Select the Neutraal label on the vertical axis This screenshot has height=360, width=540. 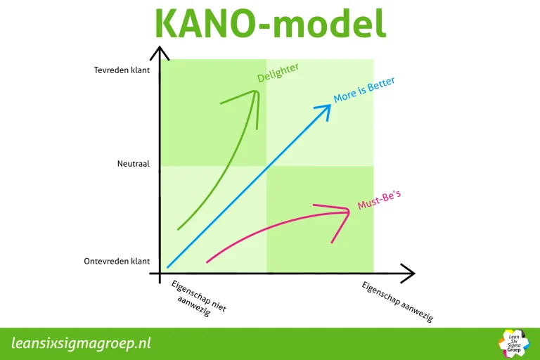point(134,165)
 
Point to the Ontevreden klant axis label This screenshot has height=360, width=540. point(117,261)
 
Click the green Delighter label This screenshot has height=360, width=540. point(278,72)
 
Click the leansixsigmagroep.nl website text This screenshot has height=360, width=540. point(82,344)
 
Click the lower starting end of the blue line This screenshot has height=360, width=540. point(168,267)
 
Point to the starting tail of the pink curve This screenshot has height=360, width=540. point(207,262)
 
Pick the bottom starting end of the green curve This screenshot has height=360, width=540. point(179,229)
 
